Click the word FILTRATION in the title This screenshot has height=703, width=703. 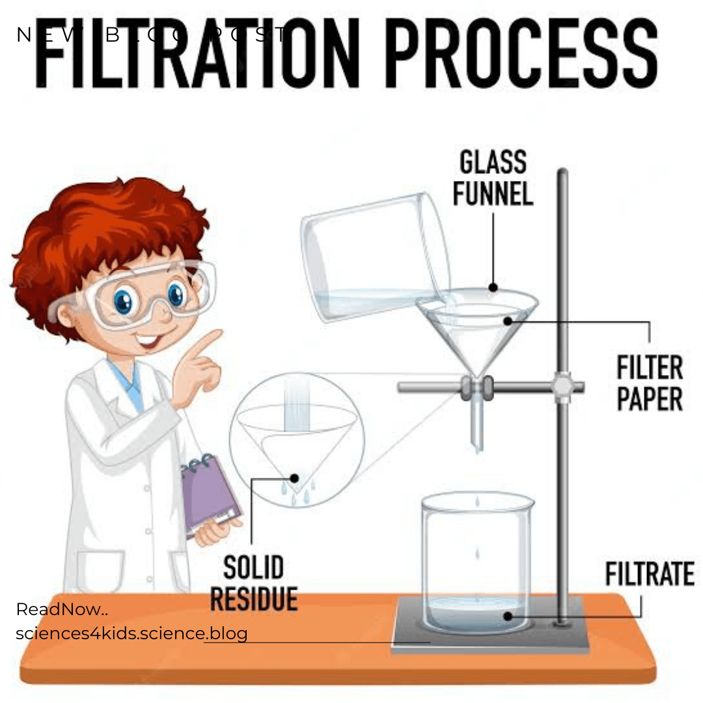click(x=199, y=52)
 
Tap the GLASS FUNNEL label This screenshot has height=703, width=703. click(x=493, y=178)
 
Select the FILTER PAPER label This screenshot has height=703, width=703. click(x=649, y=383)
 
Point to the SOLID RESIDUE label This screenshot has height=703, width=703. click(x=254, y=583)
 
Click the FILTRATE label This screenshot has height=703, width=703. click(x=649, y=574)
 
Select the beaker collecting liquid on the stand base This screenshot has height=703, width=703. click(x=478, y=563)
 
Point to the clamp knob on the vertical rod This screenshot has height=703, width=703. click(x=562, y=385)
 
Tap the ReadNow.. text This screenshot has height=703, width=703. click(x=62, y=610)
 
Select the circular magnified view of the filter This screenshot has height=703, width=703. click(x=296, y=443)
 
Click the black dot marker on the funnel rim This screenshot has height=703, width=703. click(x=493, y=287)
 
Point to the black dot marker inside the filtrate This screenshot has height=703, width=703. click(x=507, y=615)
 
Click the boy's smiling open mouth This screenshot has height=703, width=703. click(x=151, y=340)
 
